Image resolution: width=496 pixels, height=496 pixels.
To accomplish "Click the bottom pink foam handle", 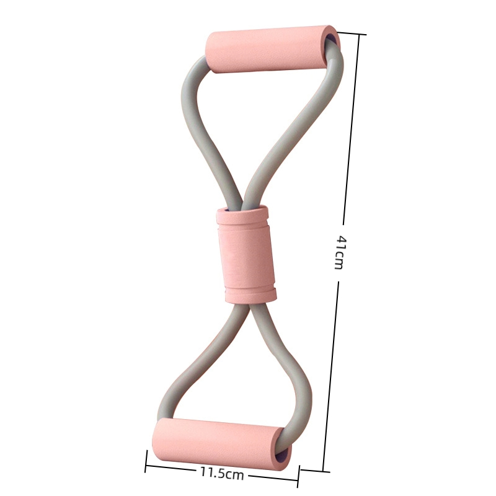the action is coord(221,443).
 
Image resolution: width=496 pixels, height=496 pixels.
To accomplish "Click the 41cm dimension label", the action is coord(339,252).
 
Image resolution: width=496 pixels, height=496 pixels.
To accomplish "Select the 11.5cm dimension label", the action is coord(222,474).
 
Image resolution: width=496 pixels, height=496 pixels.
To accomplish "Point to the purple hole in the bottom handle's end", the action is coord(284,456).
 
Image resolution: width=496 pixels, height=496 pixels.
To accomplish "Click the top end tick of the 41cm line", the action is coord(352,33).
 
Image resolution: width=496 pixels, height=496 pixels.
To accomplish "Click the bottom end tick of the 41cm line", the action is coord(315,470).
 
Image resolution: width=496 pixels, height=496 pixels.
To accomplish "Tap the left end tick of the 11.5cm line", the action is coord(146,461).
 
